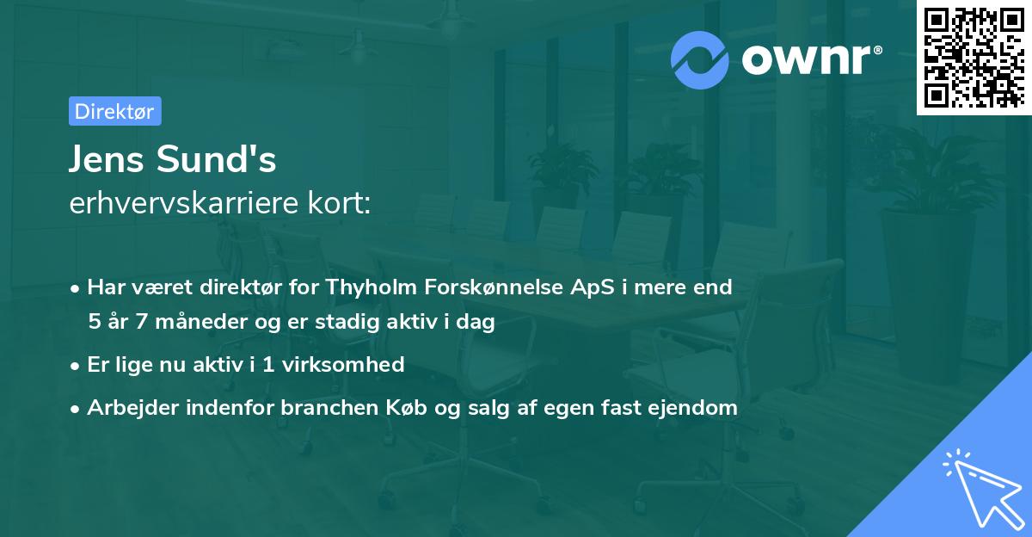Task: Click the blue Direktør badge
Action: coord(114,111)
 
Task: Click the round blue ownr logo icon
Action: coord(700,59)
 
